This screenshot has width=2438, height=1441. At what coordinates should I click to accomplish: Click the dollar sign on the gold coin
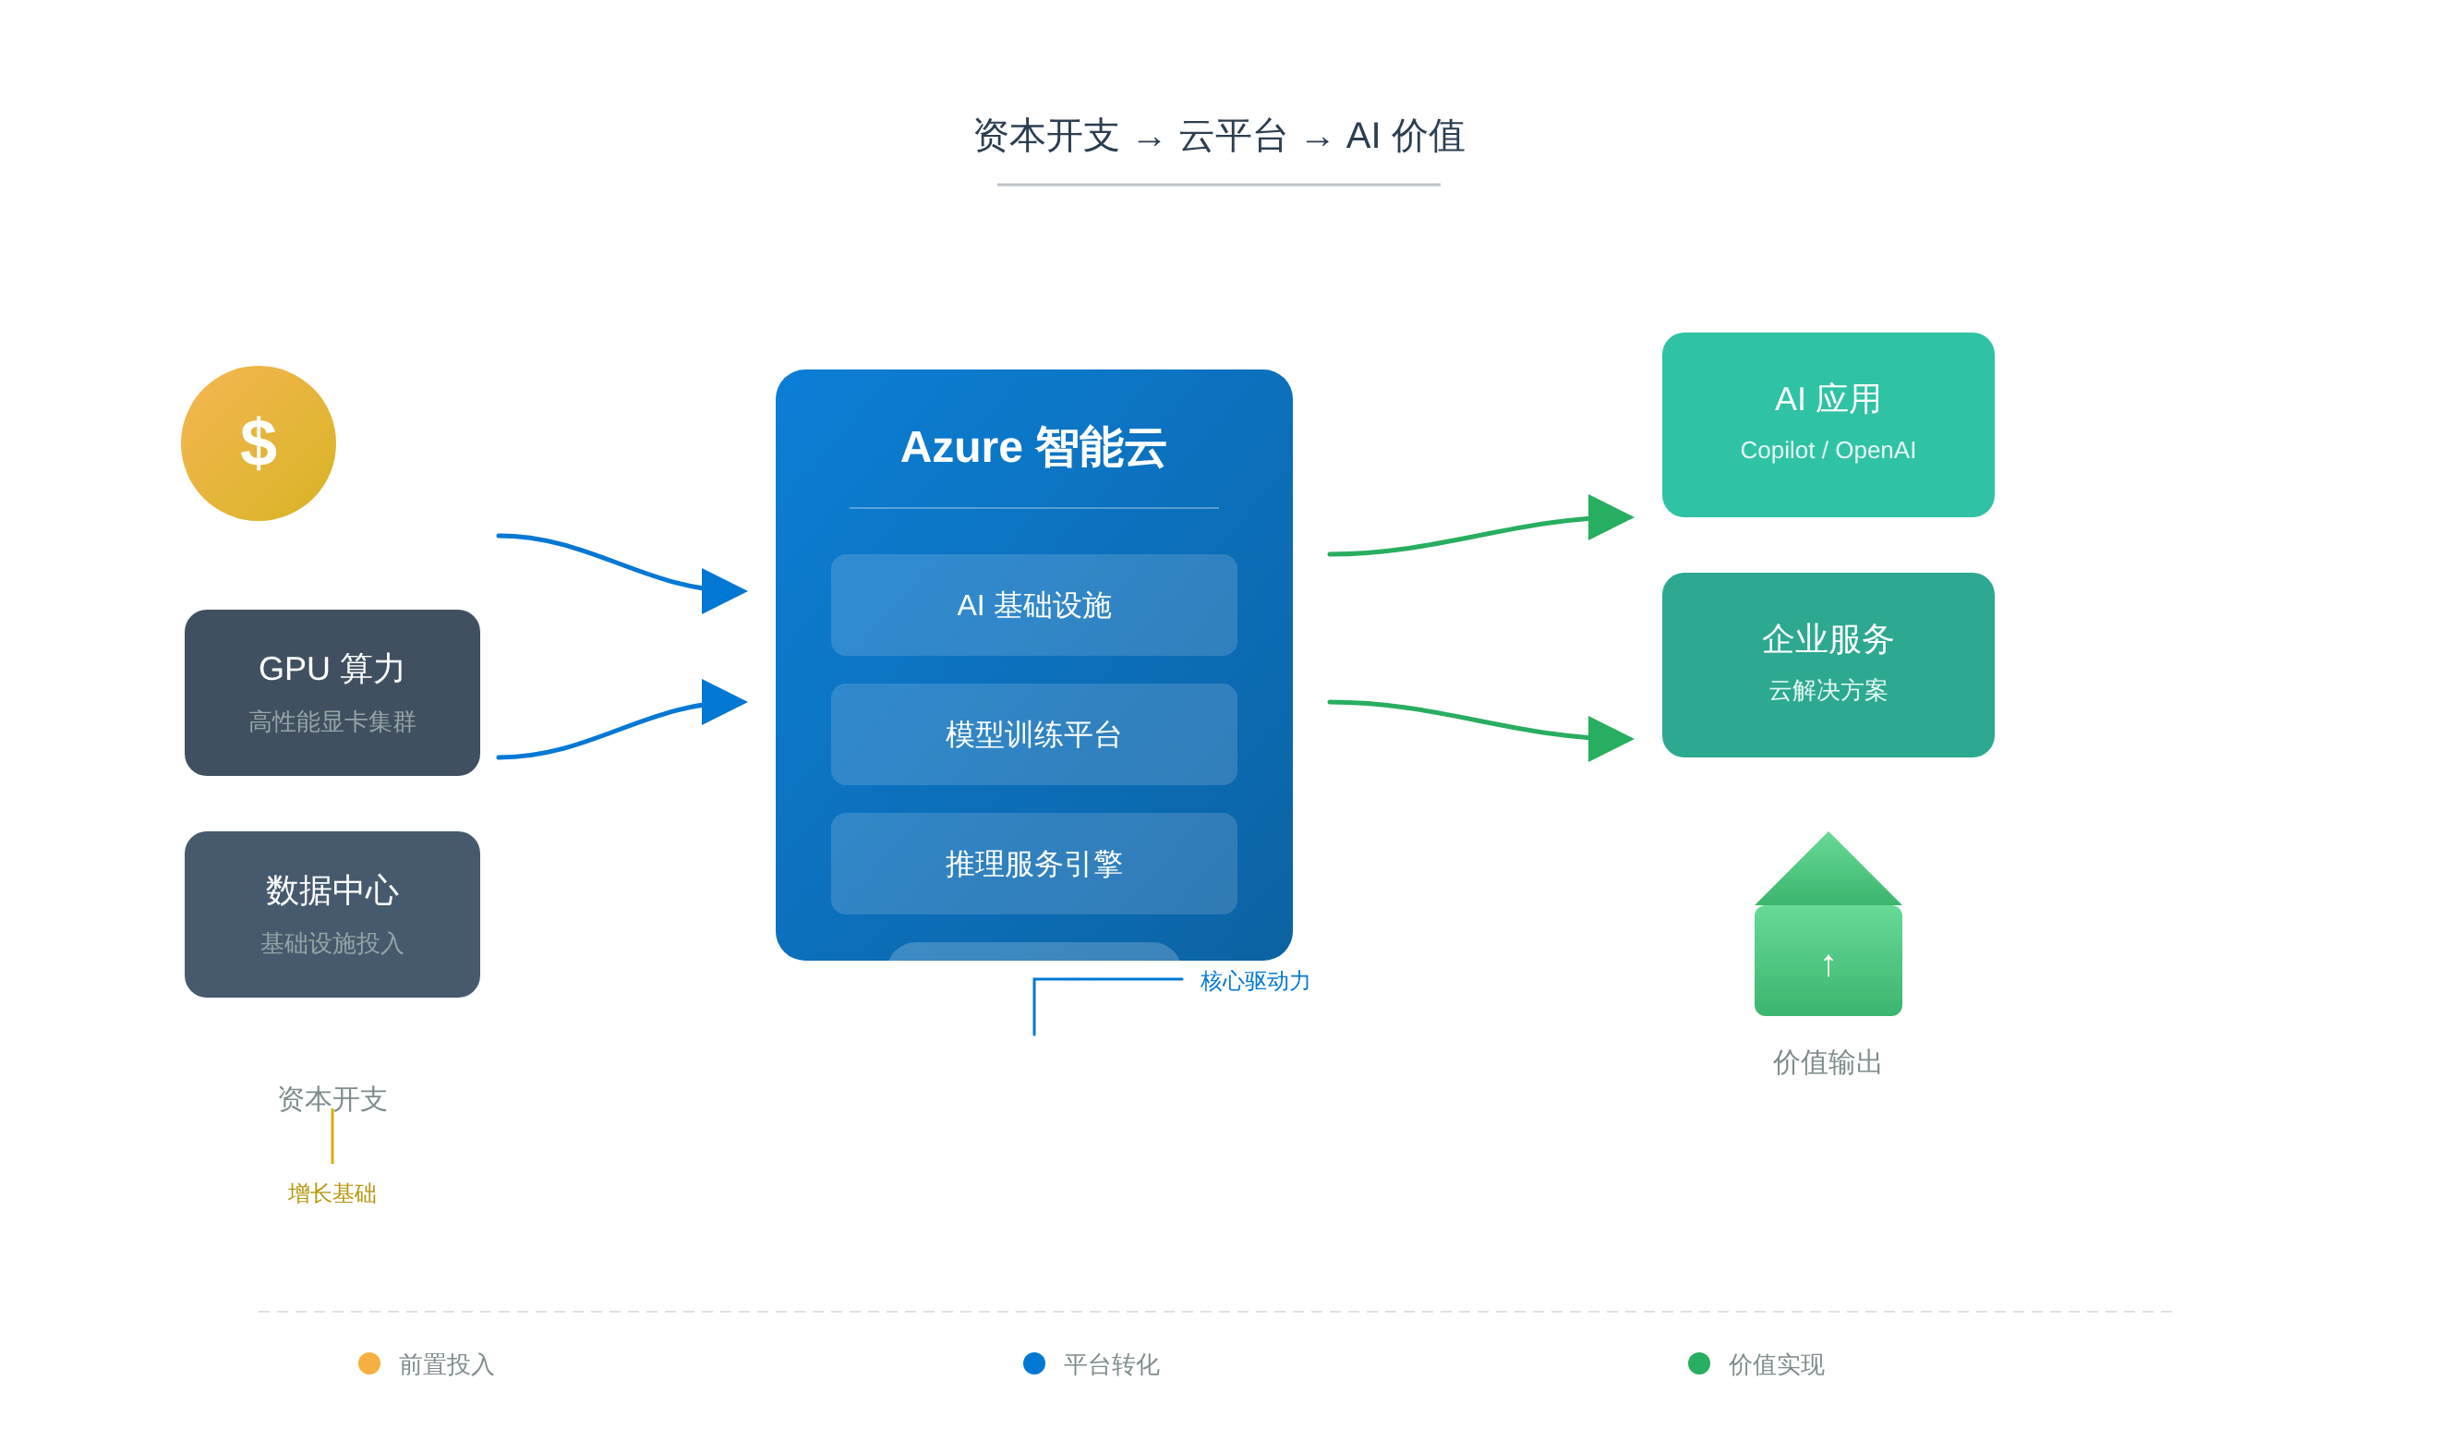tap(259, 442)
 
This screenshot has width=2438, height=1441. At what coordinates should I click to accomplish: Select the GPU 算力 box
tap(332, 693)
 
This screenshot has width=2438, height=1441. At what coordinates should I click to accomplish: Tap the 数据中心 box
tap(332, 914)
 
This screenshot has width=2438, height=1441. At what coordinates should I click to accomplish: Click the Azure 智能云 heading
tap(1032, 448)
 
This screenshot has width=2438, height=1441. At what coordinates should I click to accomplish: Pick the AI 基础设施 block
tap(1032, 605)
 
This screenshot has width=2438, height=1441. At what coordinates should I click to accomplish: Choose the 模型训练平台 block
tap(1032, 734)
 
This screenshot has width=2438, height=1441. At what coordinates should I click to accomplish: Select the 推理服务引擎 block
tap(1032, 864)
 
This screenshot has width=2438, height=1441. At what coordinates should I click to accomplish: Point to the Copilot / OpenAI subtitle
tap(1828, 451)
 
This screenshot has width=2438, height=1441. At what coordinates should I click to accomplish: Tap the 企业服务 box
tap(1828, 664)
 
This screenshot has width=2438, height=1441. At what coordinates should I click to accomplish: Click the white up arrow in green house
tap(1828, 964)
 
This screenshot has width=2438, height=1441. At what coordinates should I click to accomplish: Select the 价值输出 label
tap(1828, 1061)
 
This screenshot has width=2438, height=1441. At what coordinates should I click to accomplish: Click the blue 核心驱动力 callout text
tap(1254, 981)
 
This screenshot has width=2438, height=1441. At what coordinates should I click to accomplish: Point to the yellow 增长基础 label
tap(332, 1193)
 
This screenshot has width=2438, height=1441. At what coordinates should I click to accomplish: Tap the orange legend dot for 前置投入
tap(368, 1363)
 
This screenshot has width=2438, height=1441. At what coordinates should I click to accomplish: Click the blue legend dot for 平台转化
tap(1033, 1363)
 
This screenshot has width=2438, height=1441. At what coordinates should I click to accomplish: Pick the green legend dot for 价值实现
tap(1698, 1363)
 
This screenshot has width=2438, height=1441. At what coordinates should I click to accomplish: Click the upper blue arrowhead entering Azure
tap(723, 590)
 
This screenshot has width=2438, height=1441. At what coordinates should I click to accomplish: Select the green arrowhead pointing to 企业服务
tap(1609, 739)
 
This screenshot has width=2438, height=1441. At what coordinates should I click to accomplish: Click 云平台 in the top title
tap(1232, 136)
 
